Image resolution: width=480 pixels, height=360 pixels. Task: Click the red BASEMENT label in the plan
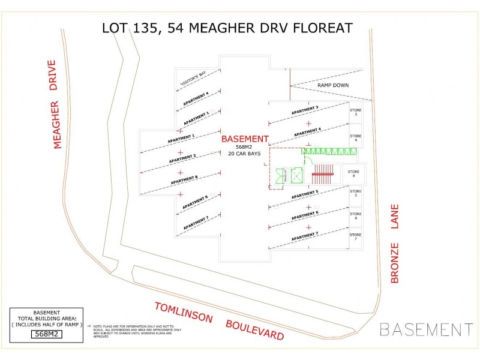245,139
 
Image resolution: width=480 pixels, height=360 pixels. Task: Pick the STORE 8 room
354,174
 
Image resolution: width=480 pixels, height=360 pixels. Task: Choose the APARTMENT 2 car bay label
182,158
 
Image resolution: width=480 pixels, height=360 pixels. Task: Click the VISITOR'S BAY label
193,78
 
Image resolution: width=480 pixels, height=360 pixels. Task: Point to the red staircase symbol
322,174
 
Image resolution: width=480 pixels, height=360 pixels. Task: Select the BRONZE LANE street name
395,243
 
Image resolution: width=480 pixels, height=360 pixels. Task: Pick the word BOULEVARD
254,330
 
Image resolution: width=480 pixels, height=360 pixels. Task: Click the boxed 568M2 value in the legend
46,334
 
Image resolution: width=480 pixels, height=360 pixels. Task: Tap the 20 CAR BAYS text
245,154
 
